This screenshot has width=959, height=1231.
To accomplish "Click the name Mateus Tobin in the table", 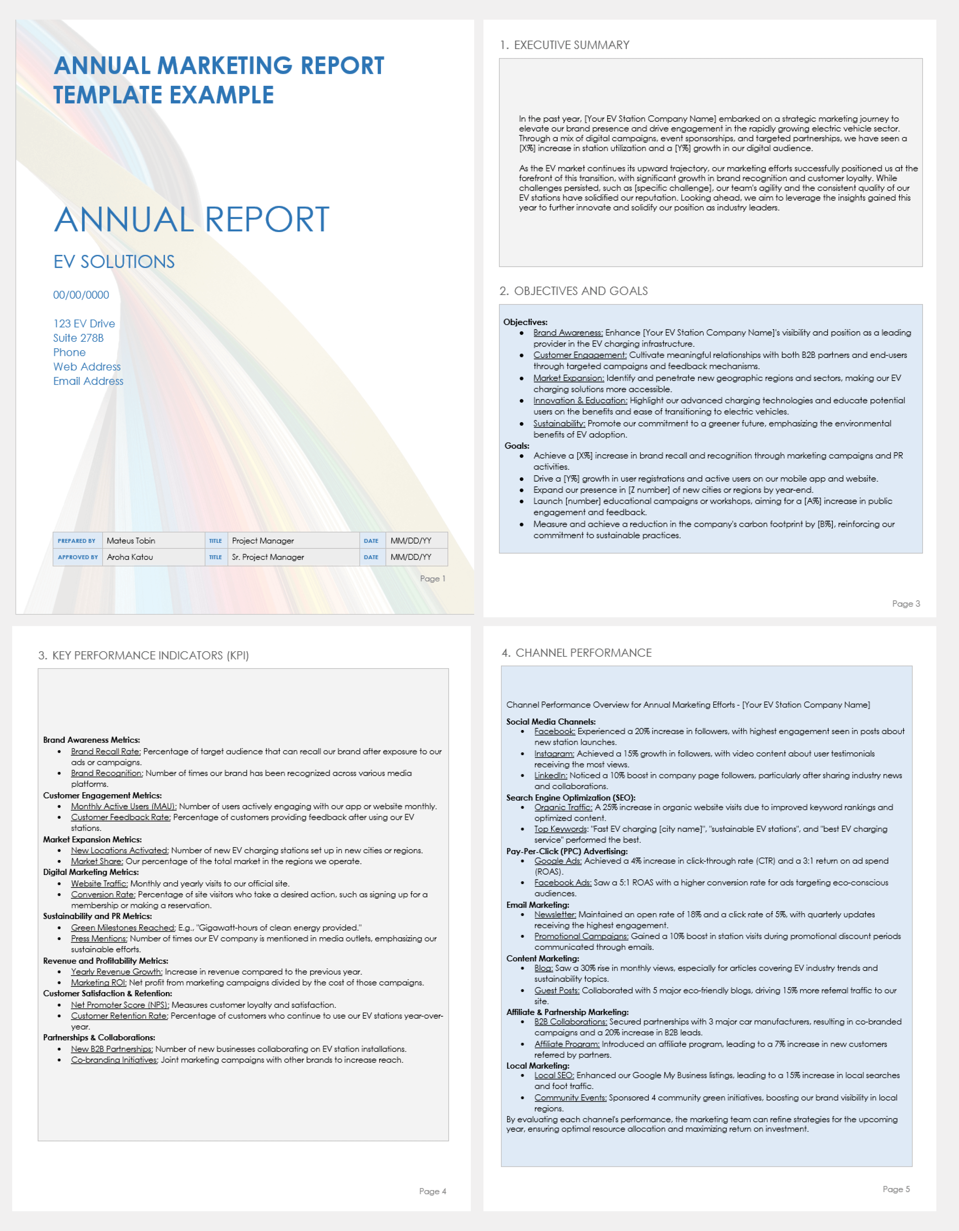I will [x=131, y=540].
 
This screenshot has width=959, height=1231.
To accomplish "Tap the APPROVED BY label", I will [x=78, y=557].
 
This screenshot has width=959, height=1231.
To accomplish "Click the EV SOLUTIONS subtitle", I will [x=114, y=262].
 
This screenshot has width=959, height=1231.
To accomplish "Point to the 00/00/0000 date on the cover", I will [x=81, y=295].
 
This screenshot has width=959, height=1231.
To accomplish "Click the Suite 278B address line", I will [x=78, y=338].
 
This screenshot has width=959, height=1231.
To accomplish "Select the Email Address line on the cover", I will [x=88, y=381].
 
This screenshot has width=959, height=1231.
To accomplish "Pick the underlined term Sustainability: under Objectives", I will [x=559, y=423].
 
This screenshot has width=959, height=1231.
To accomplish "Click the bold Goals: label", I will [x=517, y=445].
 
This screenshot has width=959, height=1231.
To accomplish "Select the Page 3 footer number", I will [x=906, y=604].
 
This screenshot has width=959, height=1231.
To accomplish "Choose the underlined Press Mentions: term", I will [x=99, y=939].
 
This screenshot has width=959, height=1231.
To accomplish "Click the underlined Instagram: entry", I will [x=554, y=754].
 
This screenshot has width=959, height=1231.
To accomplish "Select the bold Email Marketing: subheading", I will [x=538, y=905].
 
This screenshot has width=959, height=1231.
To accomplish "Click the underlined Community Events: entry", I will [x=570, y=1098].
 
